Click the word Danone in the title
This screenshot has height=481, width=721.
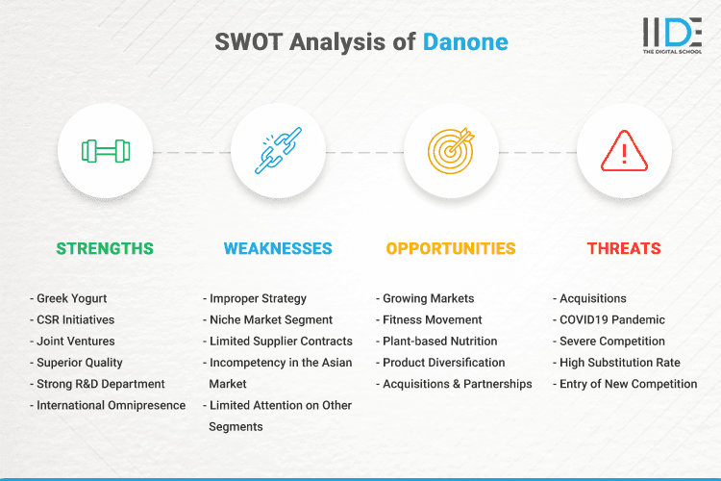(x=465, y=42)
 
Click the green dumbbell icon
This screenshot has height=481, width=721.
(x=105, y=151)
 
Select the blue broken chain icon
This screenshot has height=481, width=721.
(x=278, y=151)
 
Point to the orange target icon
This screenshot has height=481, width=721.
(x=451, y=151)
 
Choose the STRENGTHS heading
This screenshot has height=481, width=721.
(x=105, y=248)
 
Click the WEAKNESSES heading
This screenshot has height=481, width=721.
(x=278, y=248)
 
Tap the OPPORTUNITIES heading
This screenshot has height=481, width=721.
(x=451, y=248)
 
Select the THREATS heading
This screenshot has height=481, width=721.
(x=624, y=248)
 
